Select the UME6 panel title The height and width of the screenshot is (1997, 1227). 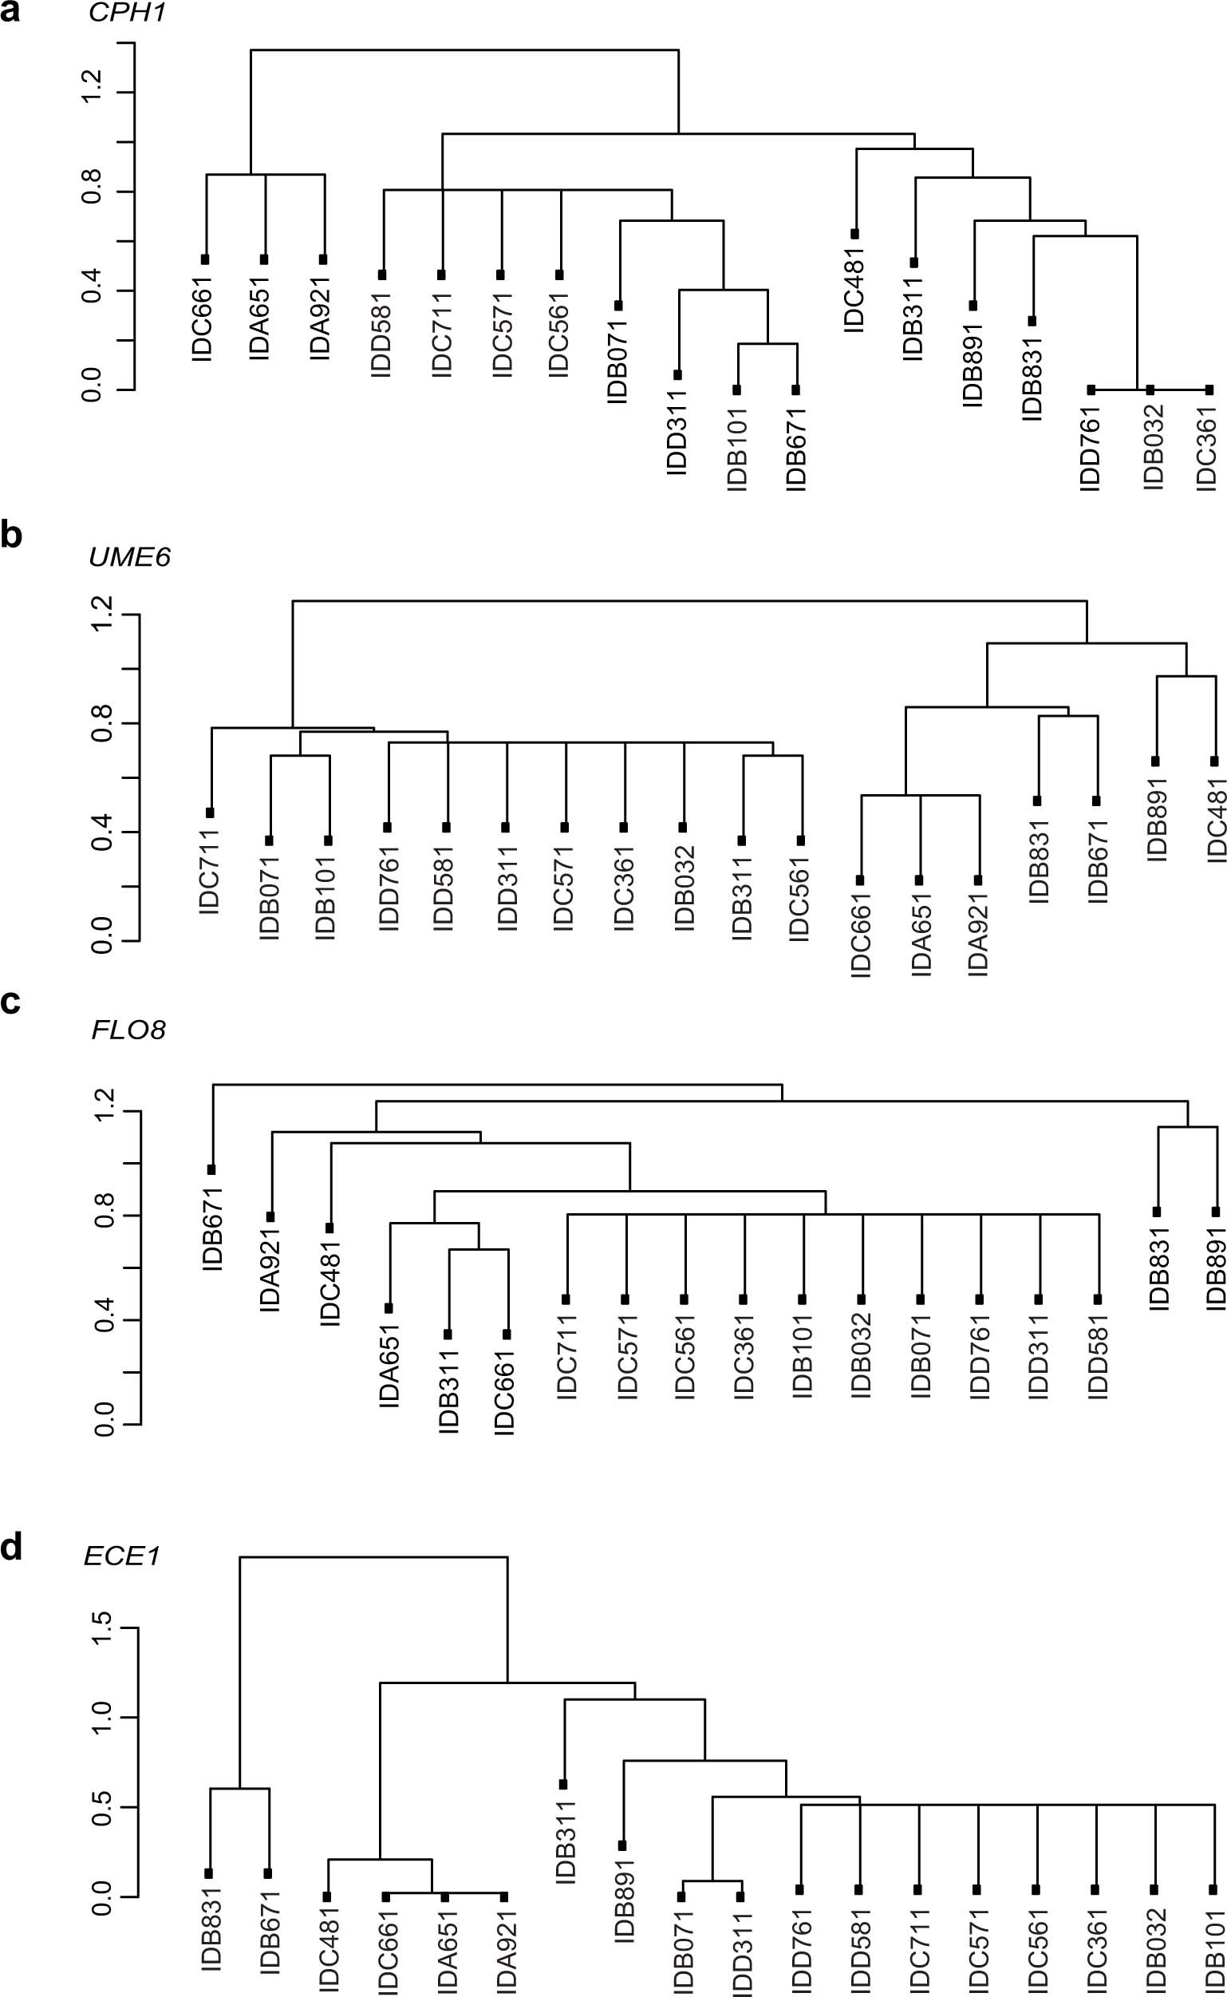coord(130,557)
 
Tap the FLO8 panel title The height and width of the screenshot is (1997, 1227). coord(128,1030)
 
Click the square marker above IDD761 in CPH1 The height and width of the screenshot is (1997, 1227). coord(1091,390)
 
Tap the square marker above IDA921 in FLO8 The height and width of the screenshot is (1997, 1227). coord(271,1216)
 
